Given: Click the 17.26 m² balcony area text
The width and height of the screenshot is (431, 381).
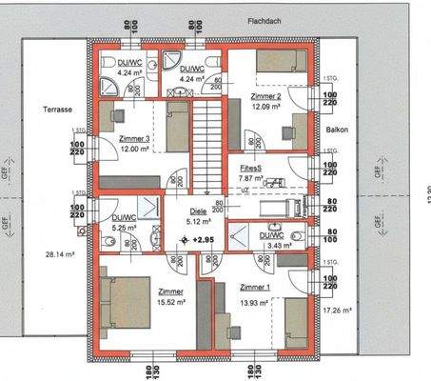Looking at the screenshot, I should [338, 311].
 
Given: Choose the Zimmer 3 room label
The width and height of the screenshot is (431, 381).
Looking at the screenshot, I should [135, 139].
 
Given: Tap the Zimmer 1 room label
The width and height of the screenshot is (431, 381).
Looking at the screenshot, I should [255, 288].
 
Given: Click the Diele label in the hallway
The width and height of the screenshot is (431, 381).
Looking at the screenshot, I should [198, 212].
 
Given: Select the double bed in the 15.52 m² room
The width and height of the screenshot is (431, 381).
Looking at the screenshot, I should [123, 299].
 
